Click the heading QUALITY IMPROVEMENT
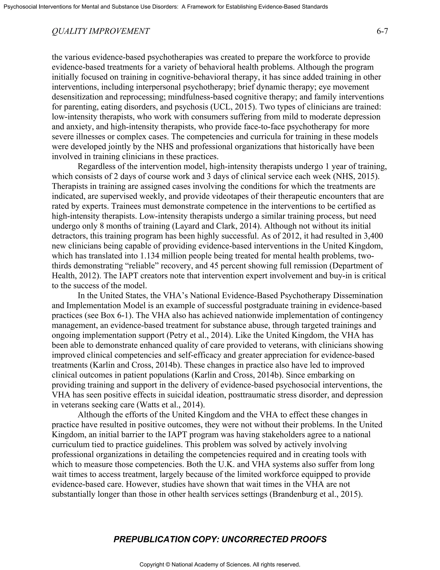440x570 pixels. [x=101, y=31]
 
